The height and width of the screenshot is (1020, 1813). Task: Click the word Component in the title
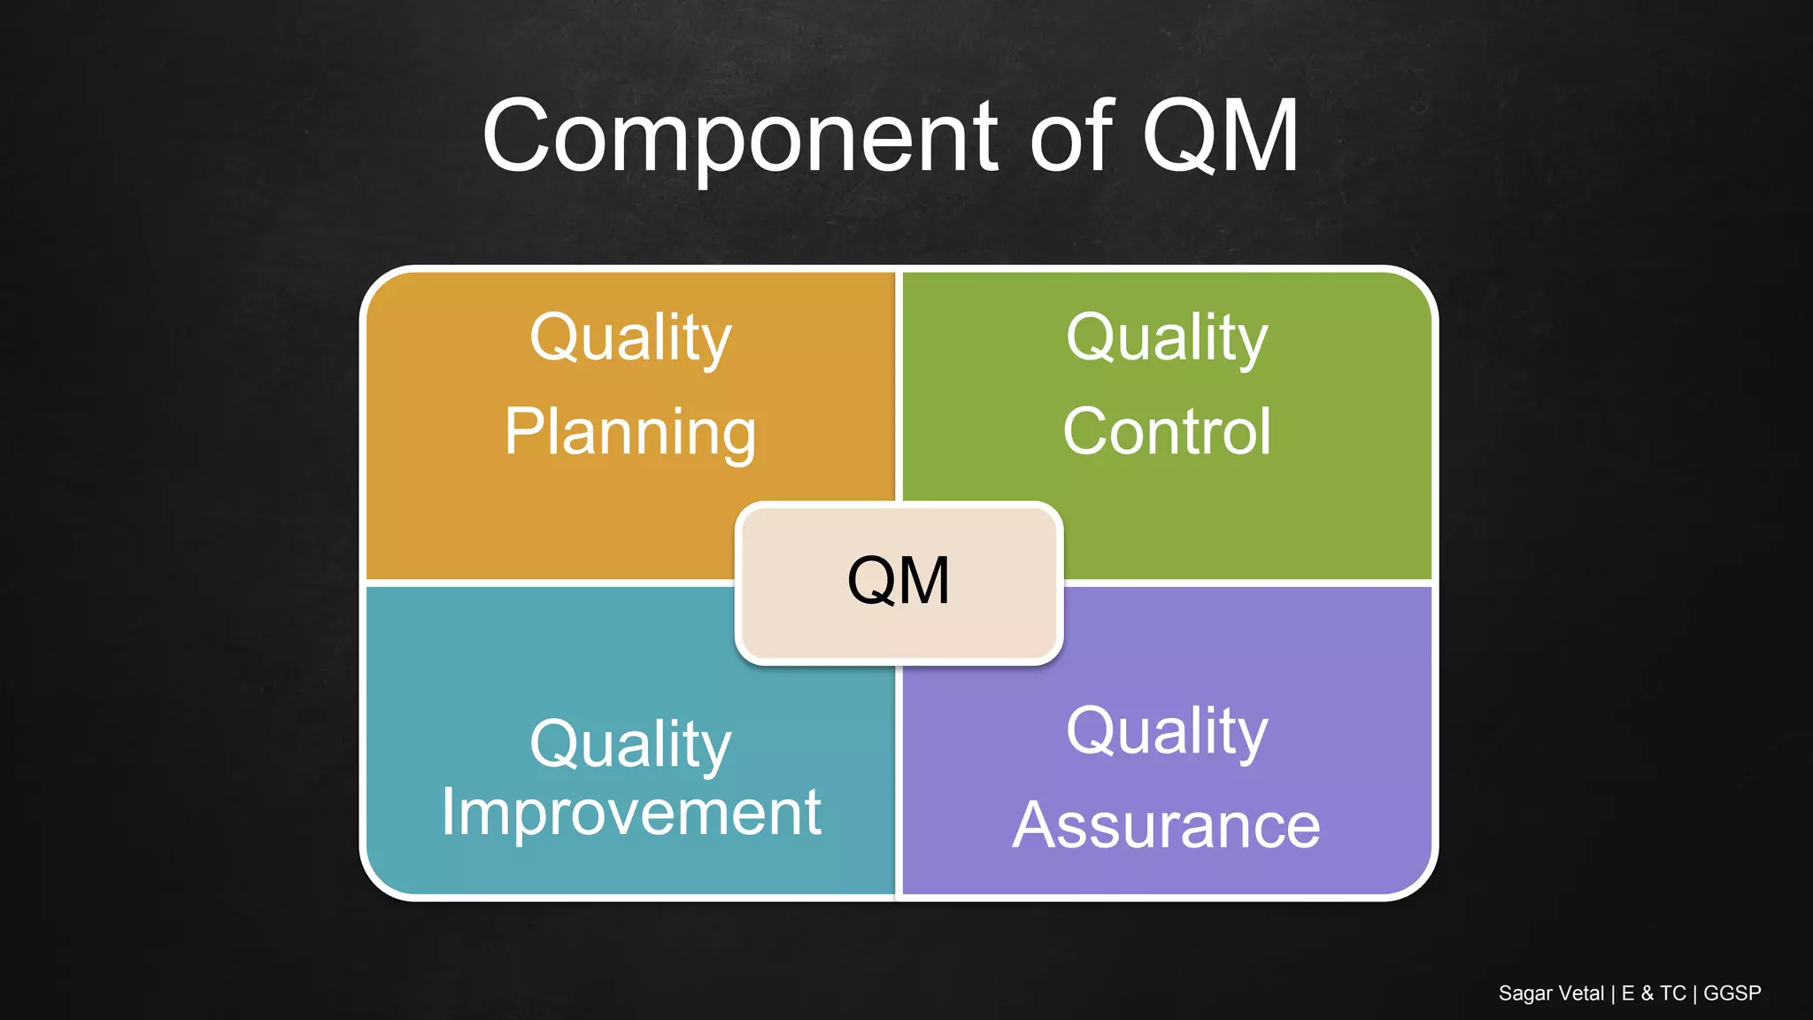739,137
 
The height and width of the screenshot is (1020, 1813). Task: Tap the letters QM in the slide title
1220,137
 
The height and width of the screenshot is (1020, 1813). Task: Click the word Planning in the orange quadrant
630,432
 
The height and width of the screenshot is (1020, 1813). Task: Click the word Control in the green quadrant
1167,432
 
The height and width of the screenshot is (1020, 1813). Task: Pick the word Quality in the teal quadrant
630,745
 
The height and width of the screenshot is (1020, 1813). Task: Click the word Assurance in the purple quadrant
1166,825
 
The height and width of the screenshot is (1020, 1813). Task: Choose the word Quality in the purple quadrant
1167,732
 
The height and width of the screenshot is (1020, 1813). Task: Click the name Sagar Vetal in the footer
1551,993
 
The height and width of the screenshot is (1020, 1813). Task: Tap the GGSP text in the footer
1732,993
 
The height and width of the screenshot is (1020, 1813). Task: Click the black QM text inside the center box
899,582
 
